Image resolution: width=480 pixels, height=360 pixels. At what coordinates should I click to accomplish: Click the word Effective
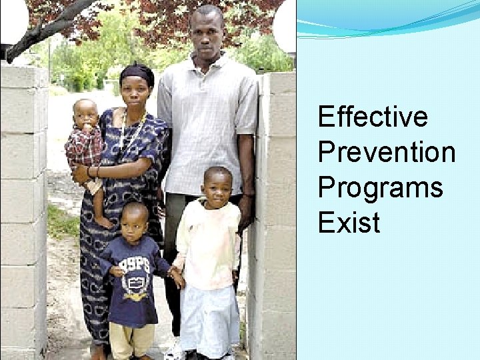coord(372,117)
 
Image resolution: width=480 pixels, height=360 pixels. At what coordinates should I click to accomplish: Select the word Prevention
coord(387,152)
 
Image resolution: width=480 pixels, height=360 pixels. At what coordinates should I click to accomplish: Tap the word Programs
coord(380,187)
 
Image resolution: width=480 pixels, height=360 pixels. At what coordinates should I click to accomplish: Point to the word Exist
coord(349,222)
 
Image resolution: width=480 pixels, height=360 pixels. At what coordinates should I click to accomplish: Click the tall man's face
coord(205,31)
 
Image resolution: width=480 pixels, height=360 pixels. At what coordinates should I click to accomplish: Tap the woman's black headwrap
coord(138,71)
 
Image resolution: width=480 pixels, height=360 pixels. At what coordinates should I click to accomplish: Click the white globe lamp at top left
coord(13,20)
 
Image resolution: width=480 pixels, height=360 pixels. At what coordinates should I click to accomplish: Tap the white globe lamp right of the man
coord(285,25)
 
